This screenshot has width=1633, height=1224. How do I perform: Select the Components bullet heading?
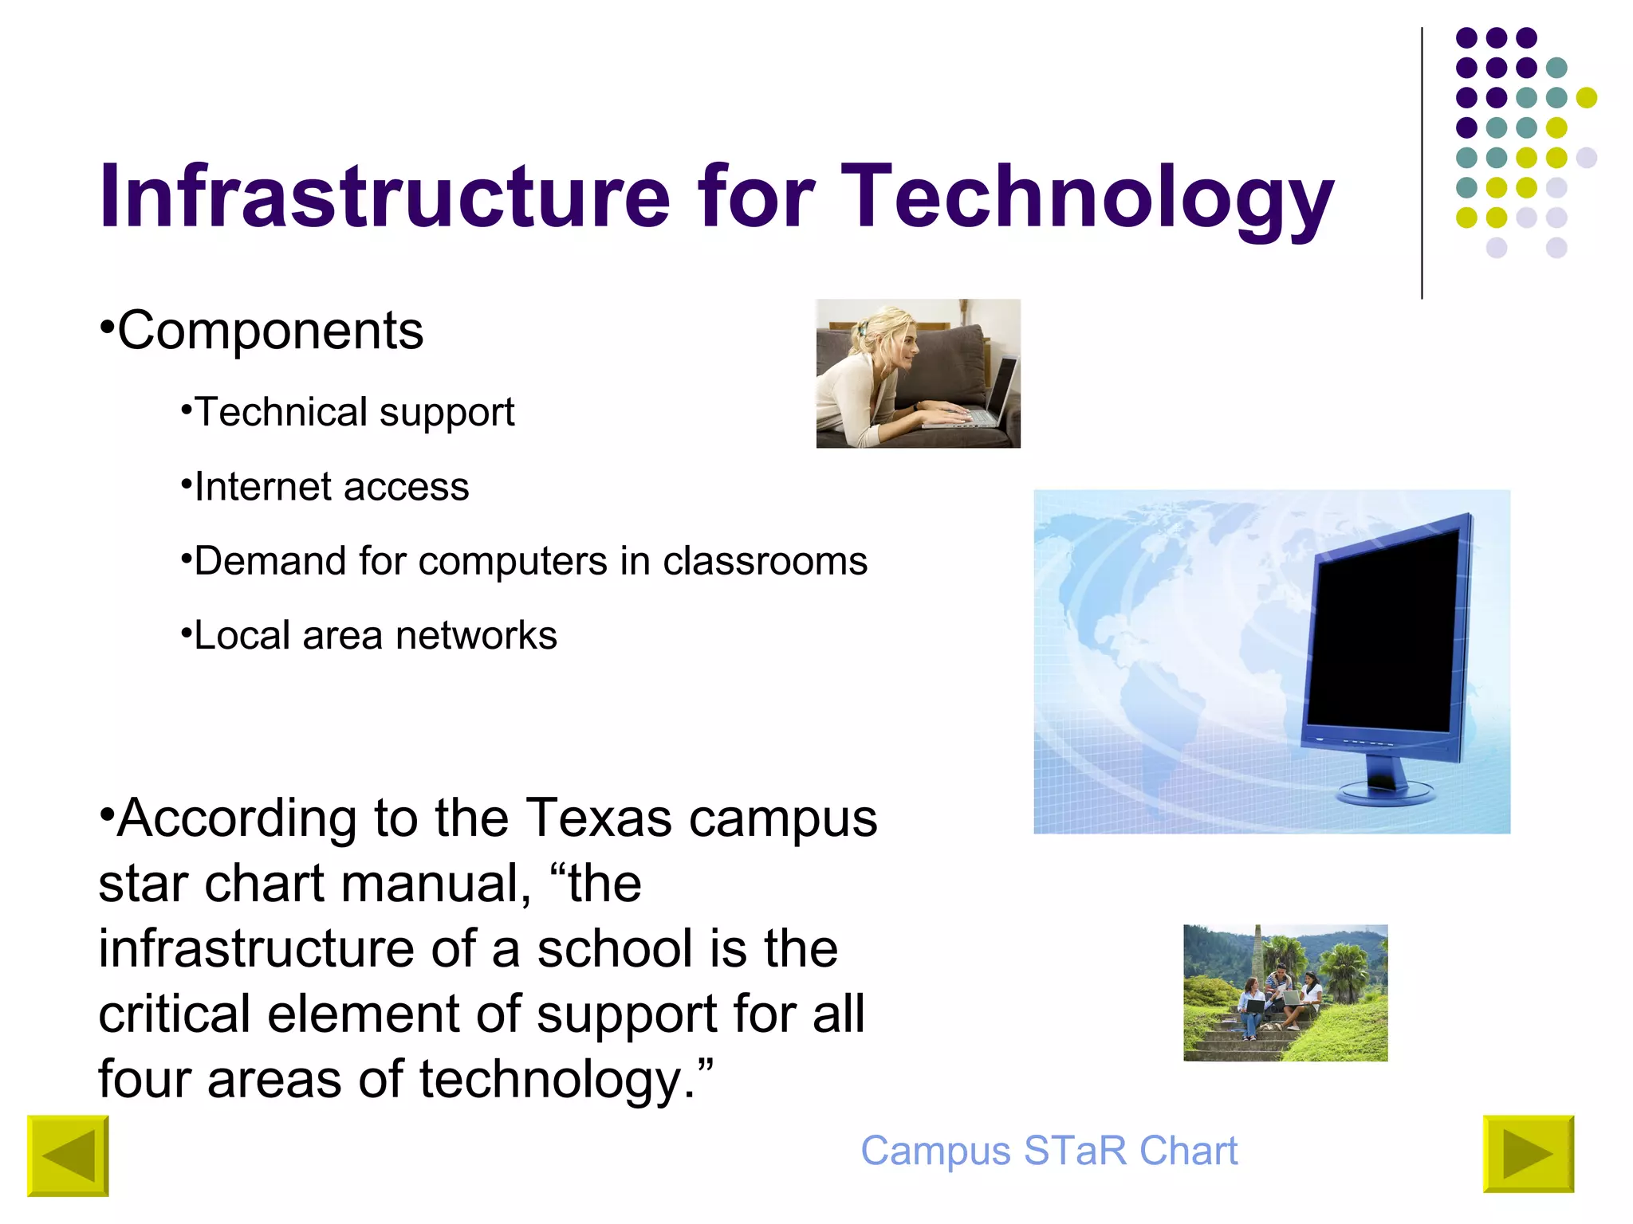270,331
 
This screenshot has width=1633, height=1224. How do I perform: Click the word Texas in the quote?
598,818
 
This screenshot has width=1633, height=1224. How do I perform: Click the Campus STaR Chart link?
1049,1151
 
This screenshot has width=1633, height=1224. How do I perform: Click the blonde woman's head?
889,339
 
